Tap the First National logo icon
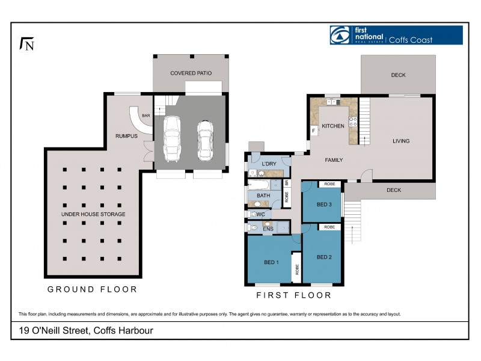point(339,35)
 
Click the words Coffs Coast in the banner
point(410,40)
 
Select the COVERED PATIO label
point(191,73)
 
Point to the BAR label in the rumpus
point(146,116)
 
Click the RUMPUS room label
point(126,136)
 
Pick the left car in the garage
point(172,138)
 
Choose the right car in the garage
point(205,140)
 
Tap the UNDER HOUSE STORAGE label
point(93,214)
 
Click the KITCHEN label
point(332,126)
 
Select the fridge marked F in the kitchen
point(313,131)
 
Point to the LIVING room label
point(401,141)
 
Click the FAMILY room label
point(334,161)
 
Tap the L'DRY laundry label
point(269,164)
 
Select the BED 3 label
point(324,205)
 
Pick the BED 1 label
point(271,262)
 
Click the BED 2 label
point(324,257)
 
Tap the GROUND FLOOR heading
point(92,289)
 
